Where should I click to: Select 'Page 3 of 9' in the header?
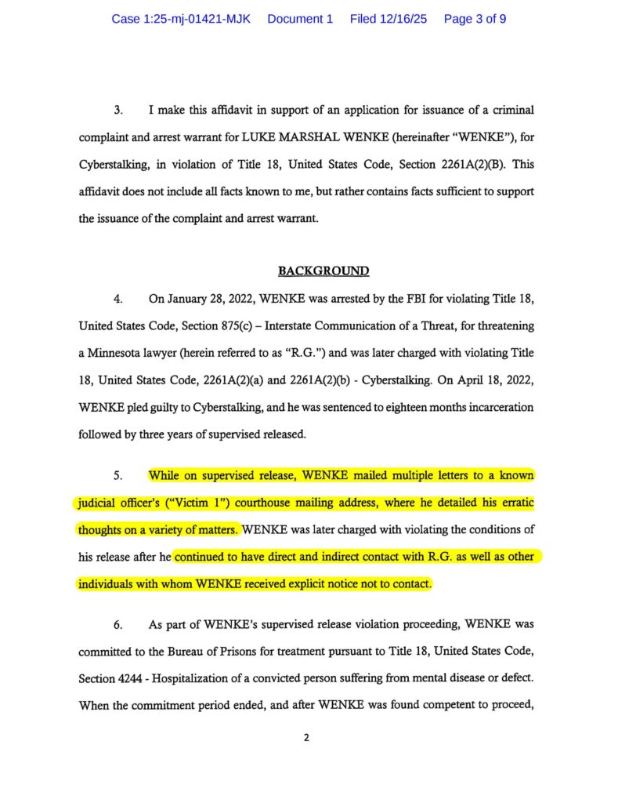475,19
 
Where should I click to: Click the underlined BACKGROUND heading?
323,271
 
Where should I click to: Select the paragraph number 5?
117,475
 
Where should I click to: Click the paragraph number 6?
117,624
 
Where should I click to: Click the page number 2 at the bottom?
308,737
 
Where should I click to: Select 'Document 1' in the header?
300,19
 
